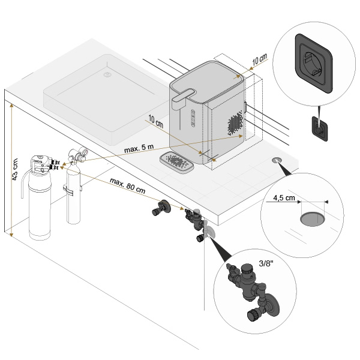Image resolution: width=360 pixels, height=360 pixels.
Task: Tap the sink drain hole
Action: [108, 75]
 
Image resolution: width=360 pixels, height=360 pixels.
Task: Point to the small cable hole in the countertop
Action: [277, 161]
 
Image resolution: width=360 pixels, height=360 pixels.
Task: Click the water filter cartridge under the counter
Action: [42, 204]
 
